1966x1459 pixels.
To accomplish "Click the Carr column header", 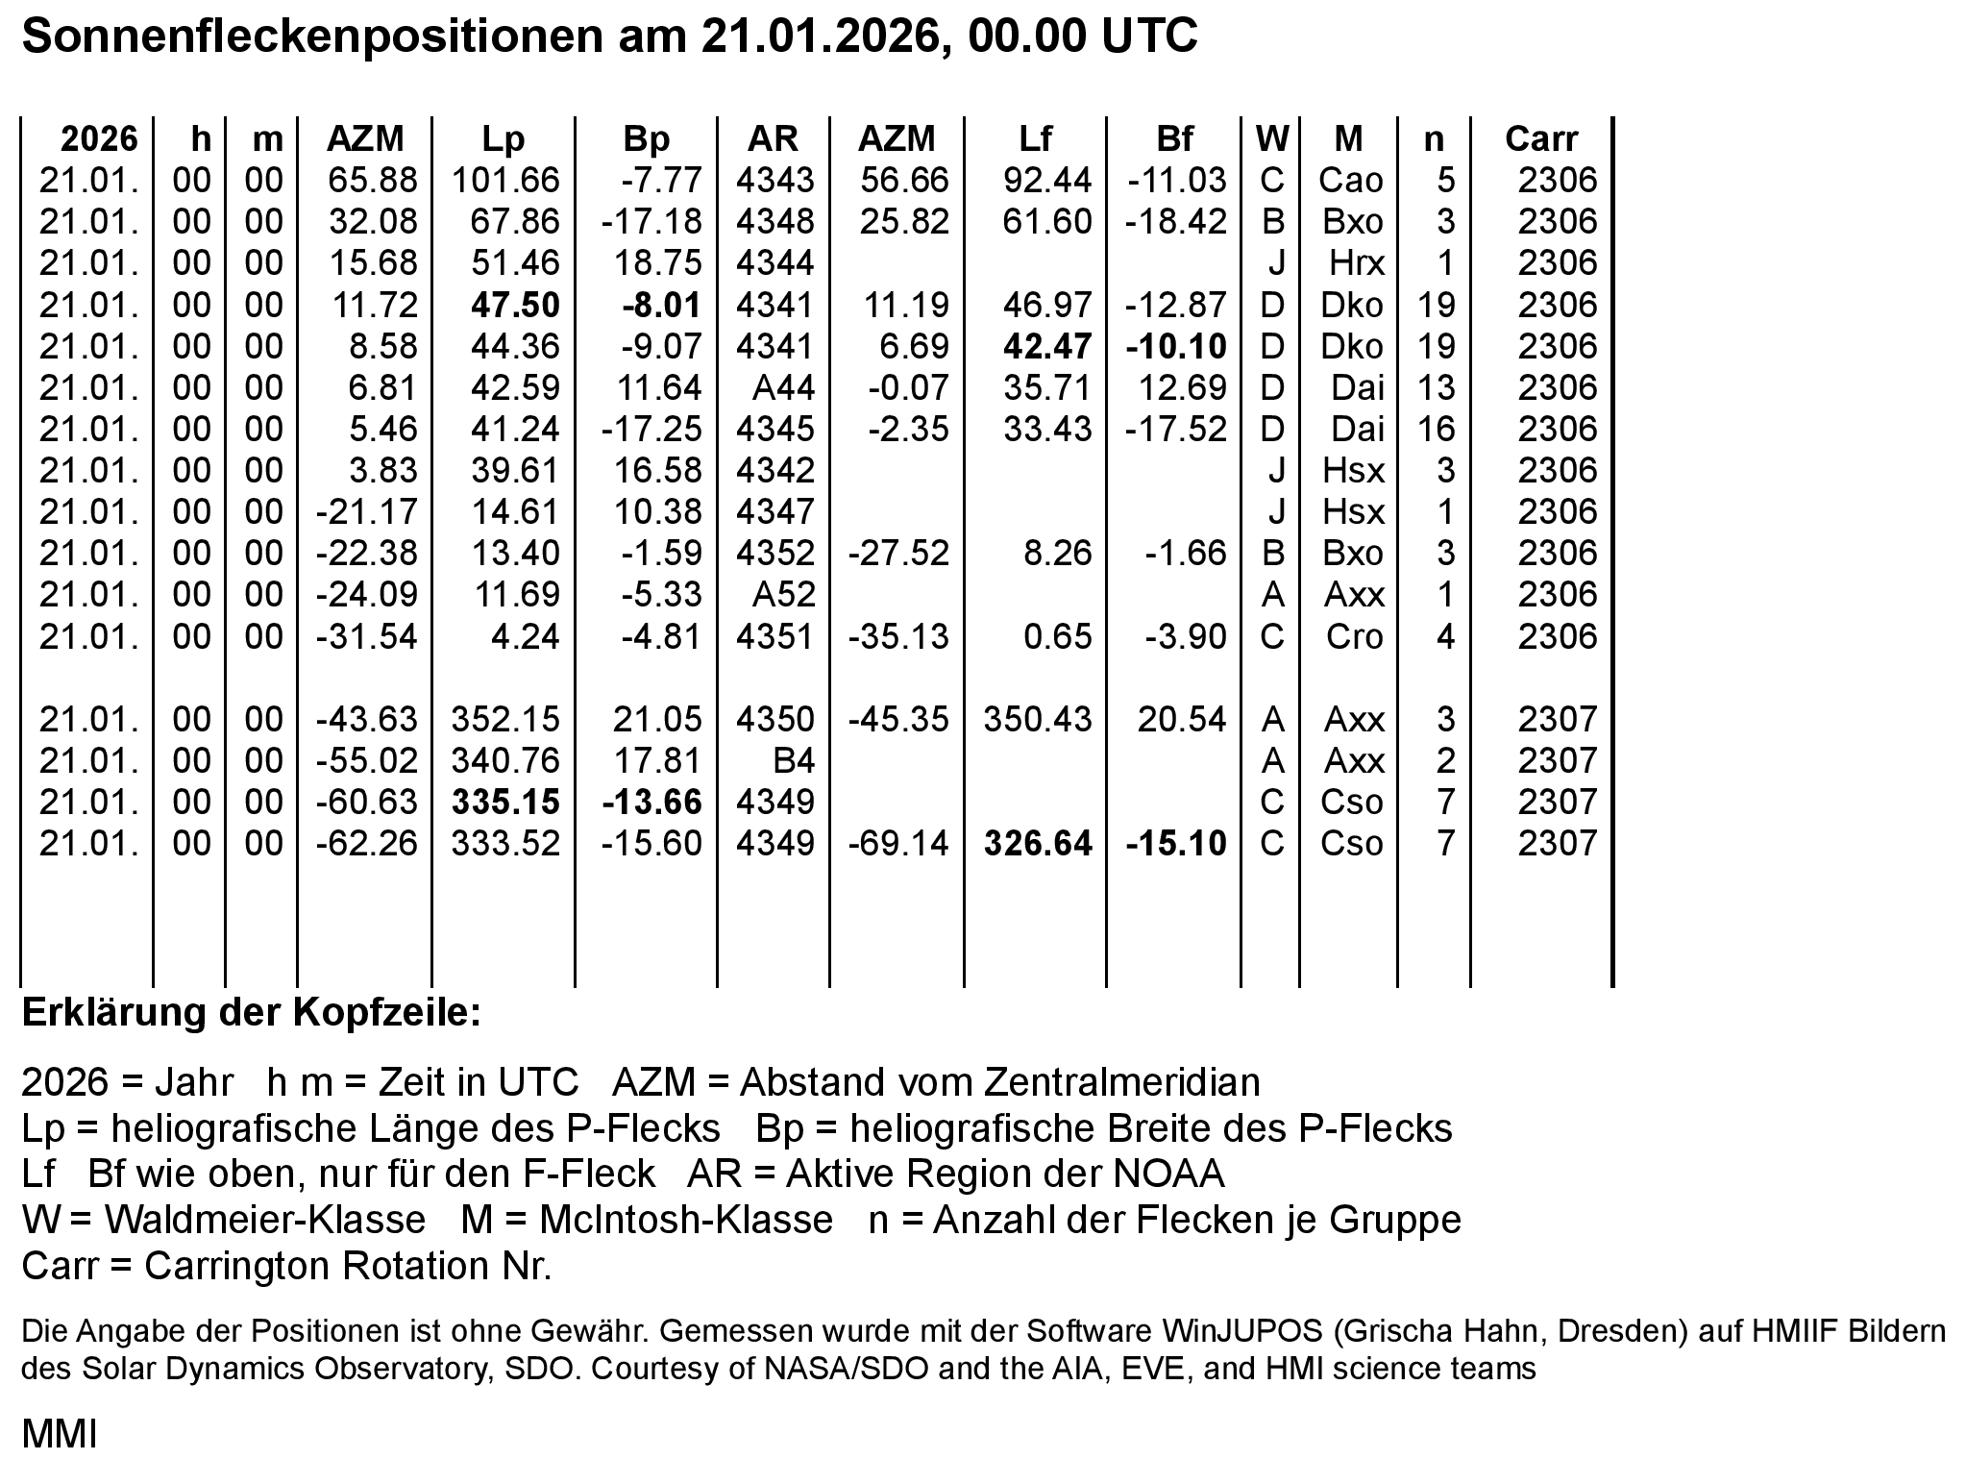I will coord(1540,139).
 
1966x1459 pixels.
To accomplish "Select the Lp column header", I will coord(504,139).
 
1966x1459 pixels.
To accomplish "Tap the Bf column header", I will coord(1174,139).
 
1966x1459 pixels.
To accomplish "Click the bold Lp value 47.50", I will coord(515,305).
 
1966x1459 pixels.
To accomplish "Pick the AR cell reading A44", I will coord(783,387).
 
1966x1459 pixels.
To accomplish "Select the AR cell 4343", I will coord(774,181).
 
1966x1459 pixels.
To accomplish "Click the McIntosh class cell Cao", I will coord(1351,181).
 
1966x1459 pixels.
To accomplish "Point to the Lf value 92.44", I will coord(1047,181).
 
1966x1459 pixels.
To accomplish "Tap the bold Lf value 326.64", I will coord(1038,844).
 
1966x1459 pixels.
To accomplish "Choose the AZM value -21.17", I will coord(367,511).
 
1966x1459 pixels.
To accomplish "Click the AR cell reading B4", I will coord(793,761).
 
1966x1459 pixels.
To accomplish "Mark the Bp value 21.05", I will coord(658,720).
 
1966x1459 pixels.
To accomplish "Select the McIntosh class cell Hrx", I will coord(1356,263).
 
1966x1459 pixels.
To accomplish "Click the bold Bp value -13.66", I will coord(651,803).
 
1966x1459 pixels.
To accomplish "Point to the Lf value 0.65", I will coord(1058,637).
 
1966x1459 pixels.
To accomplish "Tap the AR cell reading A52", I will coord(783,595).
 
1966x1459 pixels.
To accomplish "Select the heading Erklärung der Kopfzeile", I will coord(251,1013).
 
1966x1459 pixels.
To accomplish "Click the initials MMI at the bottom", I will coord(60,1434).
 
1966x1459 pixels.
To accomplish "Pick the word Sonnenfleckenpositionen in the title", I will coord(307,37).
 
